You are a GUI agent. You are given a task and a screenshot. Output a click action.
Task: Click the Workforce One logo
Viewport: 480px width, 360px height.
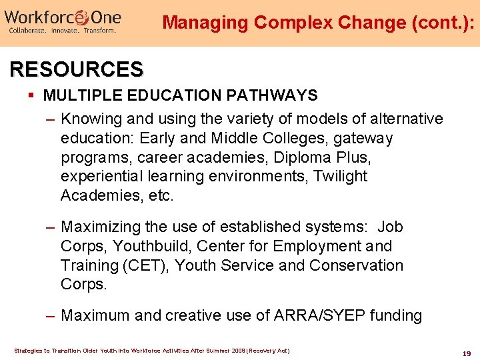point(63,16)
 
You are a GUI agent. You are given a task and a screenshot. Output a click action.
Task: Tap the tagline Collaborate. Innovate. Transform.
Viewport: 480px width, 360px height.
point(62,31)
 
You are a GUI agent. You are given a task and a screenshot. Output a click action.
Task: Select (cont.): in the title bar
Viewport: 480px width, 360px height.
point(438,23)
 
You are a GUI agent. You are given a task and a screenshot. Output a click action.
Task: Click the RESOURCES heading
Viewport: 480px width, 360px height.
point(76,69)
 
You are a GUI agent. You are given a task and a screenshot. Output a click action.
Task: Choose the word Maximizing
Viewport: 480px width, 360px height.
point(101,227)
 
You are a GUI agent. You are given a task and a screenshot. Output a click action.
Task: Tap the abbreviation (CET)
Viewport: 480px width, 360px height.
point(148,265)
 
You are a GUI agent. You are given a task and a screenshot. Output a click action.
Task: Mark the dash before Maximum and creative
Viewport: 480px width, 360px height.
point(50,315)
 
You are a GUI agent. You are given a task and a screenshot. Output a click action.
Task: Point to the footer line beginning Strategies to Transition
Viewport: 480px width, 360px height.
point(151,351)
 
